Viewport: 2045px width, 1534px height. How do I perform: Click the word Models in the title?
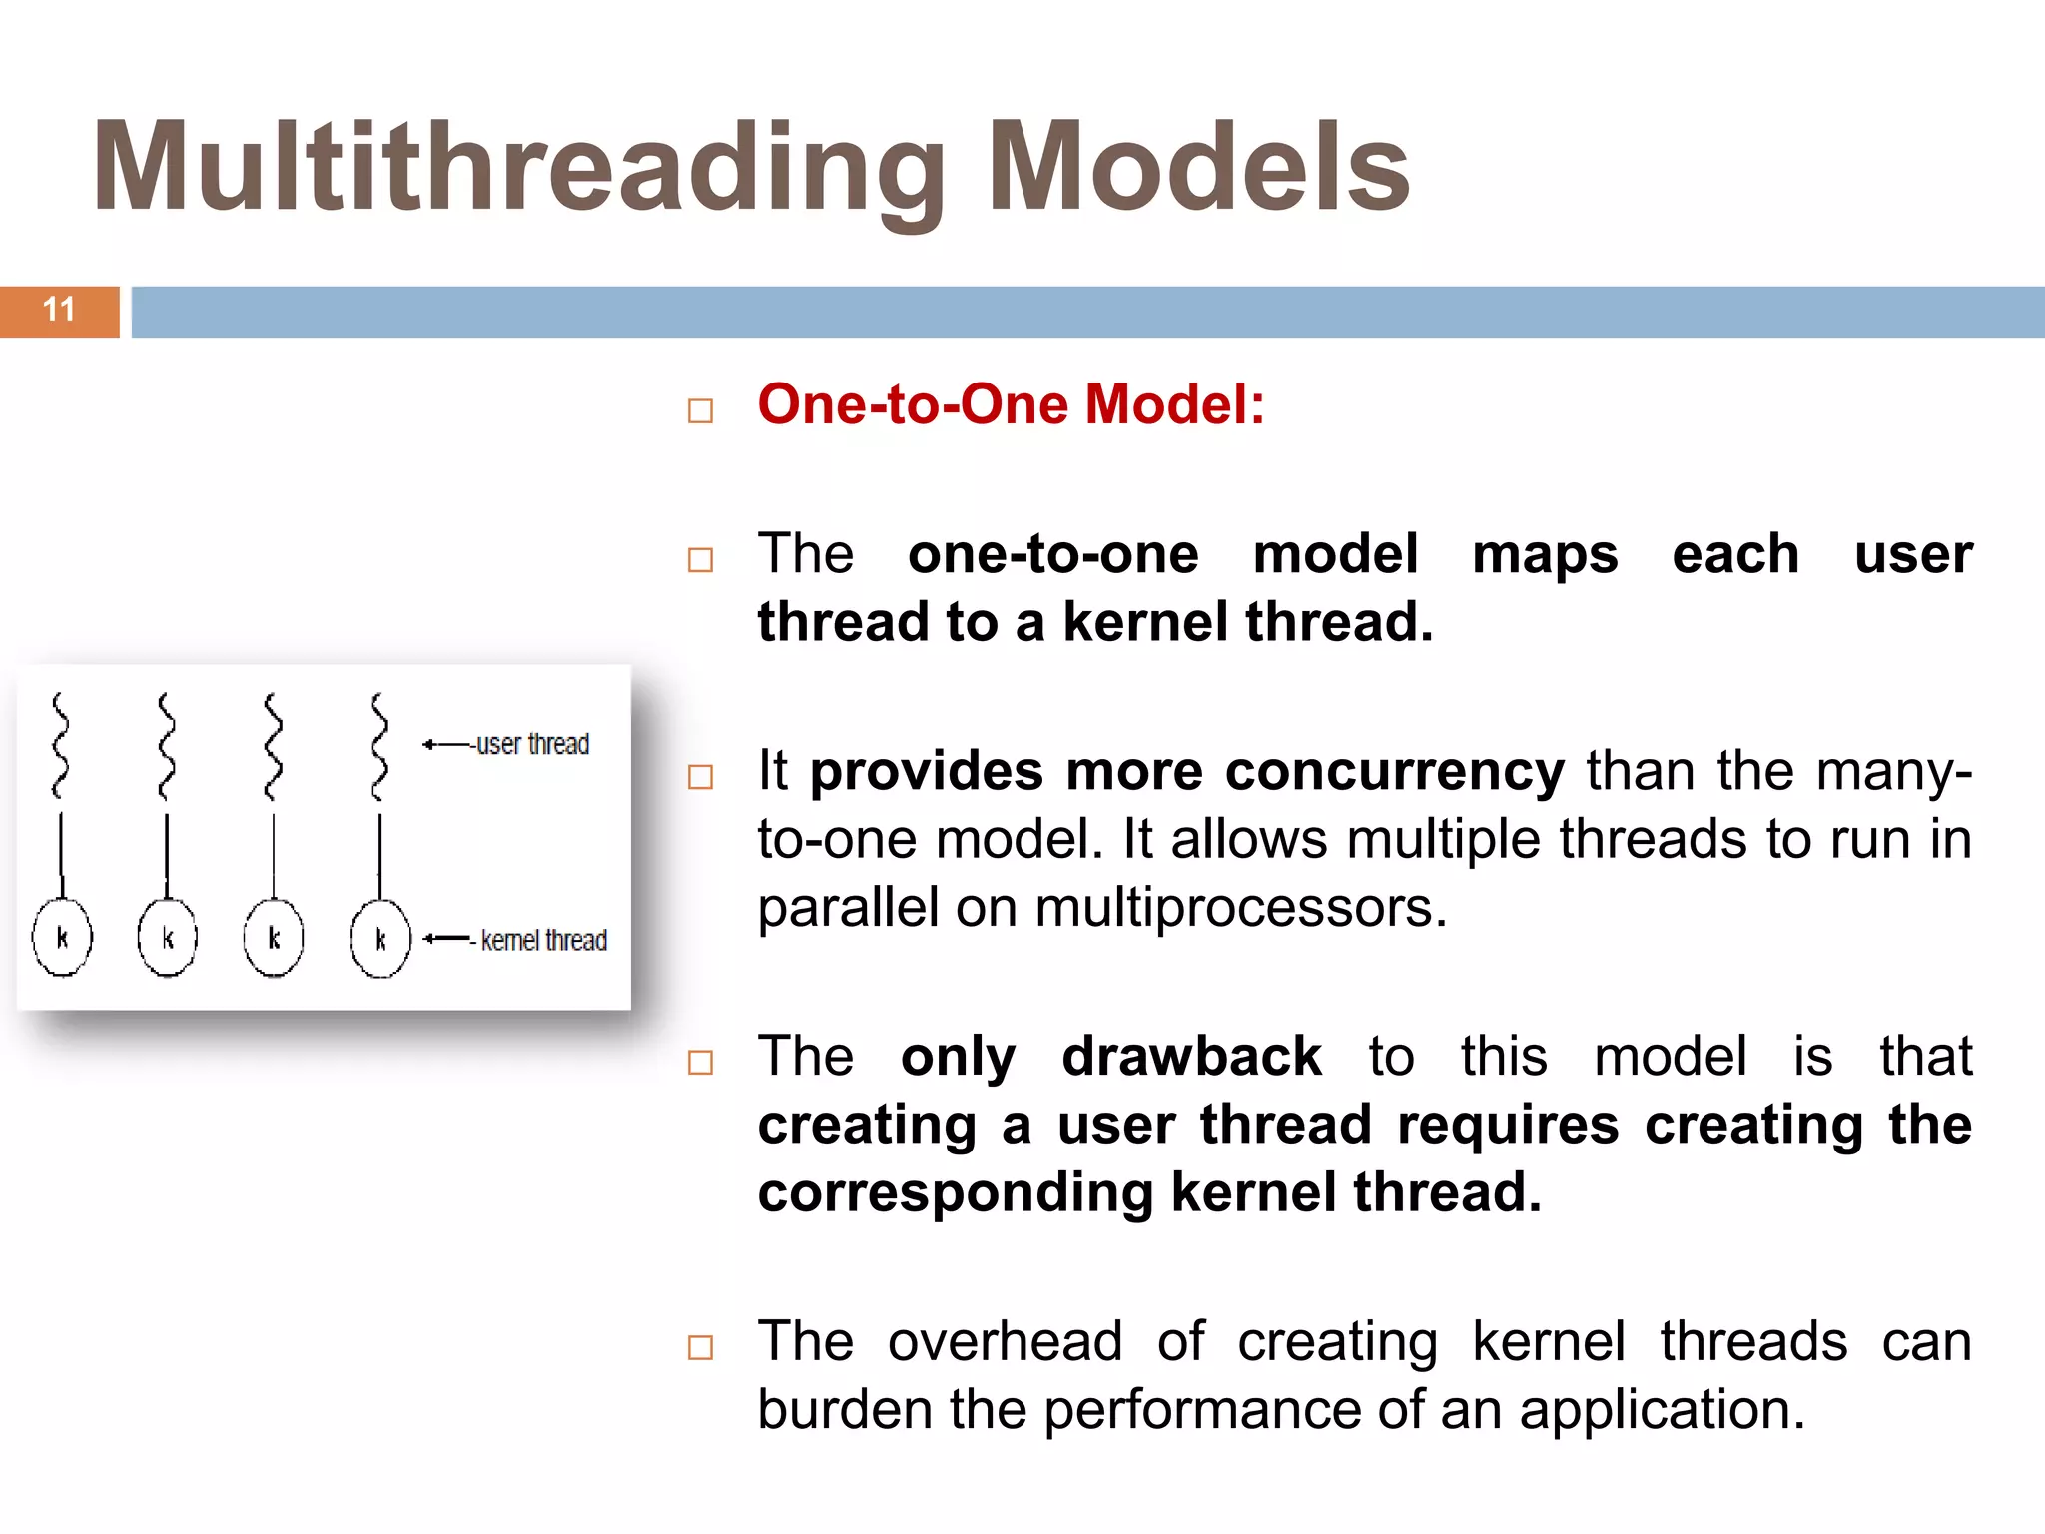point(1198,168)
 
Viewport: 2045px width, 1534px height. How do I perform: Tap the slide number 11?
point(59,310)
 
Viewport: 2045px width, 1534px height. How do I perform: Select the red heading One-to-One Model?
point(1011,405)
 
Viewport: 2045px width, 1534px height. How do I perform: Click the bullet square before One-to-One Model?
point(701,410)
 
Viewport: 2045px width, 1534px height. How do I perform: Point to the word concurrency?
point(1394,772)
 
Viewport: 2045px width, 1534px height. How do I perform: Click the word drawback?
point(1191,1057)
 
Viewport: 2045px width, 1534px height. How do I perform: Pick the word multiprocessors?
point(1240,908)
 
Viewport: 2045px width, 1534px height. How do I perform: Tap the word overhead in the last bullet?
point(1005,1341)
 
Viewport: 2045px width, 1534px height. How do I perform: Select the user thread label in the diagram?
point(532,745)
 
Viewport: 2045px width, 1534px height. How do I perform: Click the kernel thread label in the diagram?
point(543,941)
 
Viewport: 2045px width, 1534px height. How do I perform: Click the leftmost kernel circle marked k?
point(62,938)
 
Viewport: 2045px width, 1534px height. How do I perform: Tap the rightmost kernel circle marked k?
point(380,939)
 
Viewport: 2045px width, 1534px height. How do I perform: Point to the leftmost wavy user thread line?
point(61,746)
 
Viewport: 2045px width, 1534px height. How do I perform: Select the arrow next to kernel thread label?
point(445,939)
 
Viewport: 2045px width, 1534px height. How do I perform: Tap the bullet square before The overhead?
point(701,1347)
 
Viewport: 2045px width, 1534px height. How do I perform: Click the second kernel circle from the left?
point(168,938)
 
